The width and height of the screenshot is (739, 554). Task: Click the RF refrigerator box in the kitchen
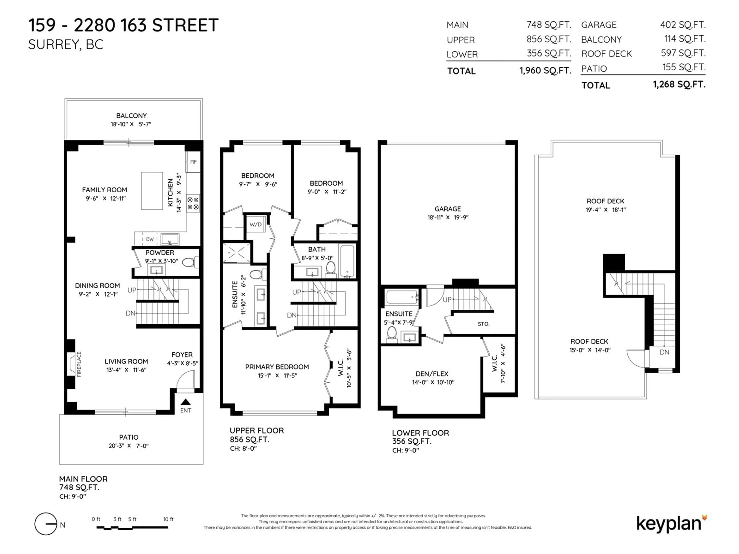pos(193,162)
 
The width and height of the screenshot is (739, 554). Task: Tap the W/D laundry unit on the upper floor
pos(256,224)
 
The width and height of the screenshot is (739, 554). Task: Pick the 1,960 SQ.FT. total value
pos(545,70)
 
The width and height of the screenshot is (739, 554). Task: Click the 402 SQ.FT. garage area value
pos(683,25)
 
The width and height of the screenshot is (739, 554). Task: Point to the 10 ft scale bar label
pos(168,519)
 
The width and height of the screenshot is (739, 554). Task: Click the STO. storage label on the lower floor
pos(483,324)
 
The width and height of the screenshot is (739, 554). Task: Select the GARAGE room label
pos(448,209)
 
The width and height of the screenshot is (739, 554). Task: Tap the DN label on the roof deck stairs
pos(664,352)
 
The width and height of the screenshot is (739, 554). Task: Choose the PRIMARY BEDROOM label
pos(277,367)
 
